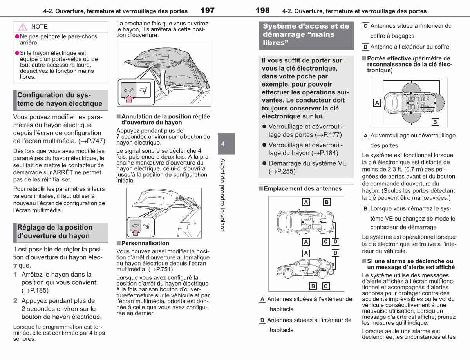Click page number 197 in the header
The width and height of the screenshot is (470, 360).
coord(208,10)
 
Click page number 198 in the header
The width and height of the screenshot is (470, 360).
coord(262,10)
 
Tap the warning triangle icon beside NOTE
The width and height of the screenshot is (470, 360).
coord(23,27)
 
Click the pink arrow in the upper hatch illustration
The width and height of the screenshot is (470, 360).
coord(129,99)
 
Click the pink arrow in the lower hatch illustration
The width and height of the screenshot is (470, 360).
coord(136,233)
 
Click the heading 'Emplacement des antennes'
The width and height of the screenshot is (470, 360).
coord(303,188)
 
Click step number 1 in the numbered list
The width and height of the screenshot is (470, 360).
coord(15,274)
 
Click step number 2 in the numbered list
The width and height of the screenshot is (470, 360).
coord(15,301)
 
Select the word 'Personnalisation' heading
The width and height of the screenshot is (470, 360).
coord(145,243)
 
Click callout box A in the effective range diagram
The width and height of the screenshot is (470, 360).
coord(377,103)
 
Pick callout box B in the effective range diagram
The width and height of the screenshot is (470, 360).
coord(435,122)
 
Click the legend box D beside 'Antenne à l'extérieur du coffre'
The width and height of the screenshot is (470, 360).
coord(365,47)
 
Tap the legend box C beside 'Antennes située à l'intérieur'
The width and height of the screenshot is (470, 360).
coord(365,26)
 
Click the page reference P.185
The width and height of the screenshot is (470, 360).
coord(39,290)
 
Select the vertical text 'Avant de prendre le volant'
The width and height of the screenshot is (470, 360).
coord(222,195)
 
